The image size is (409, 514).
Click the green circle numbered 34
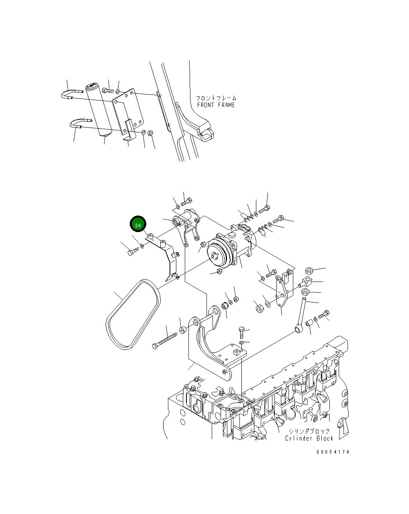point(138,225)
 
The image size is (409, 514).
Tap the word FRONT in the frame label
point(206,105)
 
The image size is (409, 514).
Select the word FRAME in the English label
point(226,105)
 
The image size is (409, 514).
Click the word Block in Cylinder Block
point(325,438)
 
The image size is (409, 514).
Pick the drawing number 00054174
point(333,452)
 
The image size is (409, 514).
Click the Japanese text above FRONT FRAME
point(216,98)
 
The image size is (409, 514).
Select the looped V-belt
point(133,314)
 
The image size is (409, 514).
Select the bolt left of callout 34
point(133,251)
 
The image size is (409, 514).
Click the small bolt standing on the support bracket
point(241,332)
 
